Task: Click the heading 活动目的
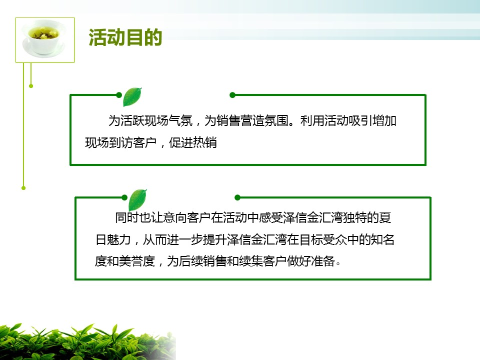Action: point(125,37)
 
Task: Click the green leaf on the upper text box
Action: point(132,96)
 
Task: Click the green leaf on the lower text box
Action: point(137,199)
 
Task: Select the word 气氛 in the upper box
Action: point(180,120)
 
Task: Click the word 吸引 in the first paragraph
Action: point(360,120)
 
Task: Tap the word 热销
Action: point(205,142)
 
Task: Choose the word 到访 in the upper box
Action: point(121,142)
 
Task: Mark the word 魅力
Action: point(119,239)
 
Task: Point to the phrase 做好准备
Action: point(311,261)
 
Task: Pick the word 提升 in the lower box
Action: point(215,239)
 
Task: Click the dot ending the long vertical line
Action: point(23,188)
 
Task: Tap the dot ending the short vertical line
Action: point(31,86)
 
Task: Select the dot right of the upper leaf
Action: point(232,95)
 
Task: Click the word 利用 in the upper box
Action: point(312,120)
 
